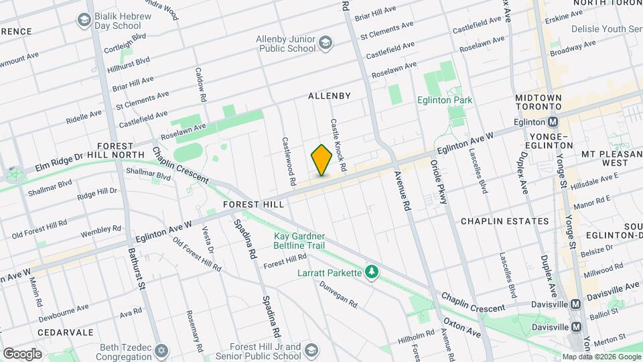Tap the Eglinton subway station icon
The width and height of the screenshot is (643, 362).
click(553, 123)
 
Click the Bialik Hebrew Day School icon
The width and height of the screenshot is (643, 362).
click(84, 21)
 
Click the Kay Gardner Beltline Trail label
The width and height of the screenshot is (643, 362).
click(299, 241)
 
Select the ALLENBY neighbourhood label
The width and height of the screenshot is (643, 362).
click(329, 96)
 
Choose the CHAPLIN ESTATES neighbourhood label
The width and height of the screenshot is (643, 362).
click(504, 221)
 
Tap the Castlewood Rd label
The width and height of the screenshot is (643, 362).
click(289, 162)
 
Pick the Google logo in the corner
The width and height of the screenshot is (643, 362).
click(22, 353)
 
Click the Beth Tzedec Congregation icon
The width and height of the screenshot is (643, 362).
click(161, 351)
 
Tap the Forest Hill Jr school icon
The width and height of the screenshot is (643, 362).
click(311, 351)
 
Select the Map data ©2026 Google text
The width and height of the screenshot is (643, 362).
click(601, 357)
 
